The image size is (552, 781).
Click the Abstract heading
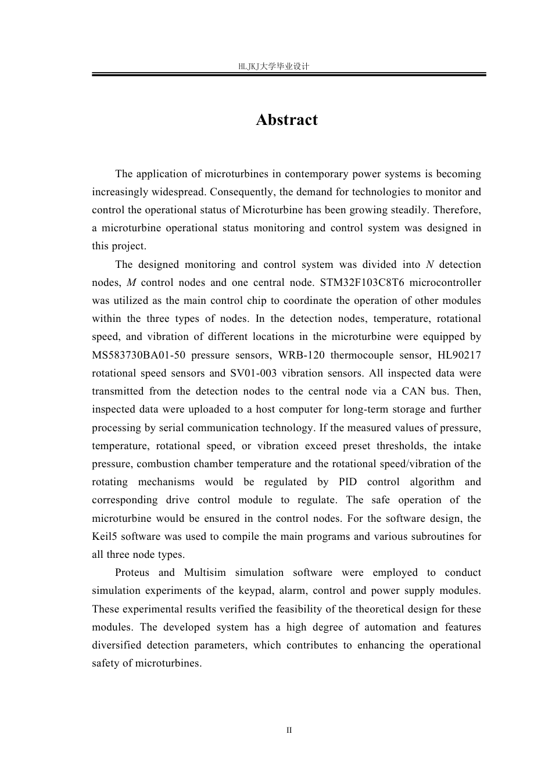click(287, 120)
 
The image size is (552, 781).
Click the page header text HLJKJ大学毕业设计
click(274, 67)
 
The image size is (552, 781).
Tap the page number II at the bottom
click(289, 730)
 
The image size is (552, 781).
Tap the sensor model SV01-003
click(255, 373)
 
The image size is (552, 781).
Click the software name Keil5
click(105, 536)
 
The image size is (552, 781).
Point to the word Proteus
click(132, 572)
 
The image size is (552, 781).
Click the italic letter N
click(430, 264)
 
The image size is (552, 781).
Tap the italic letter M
click(131, 282)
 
